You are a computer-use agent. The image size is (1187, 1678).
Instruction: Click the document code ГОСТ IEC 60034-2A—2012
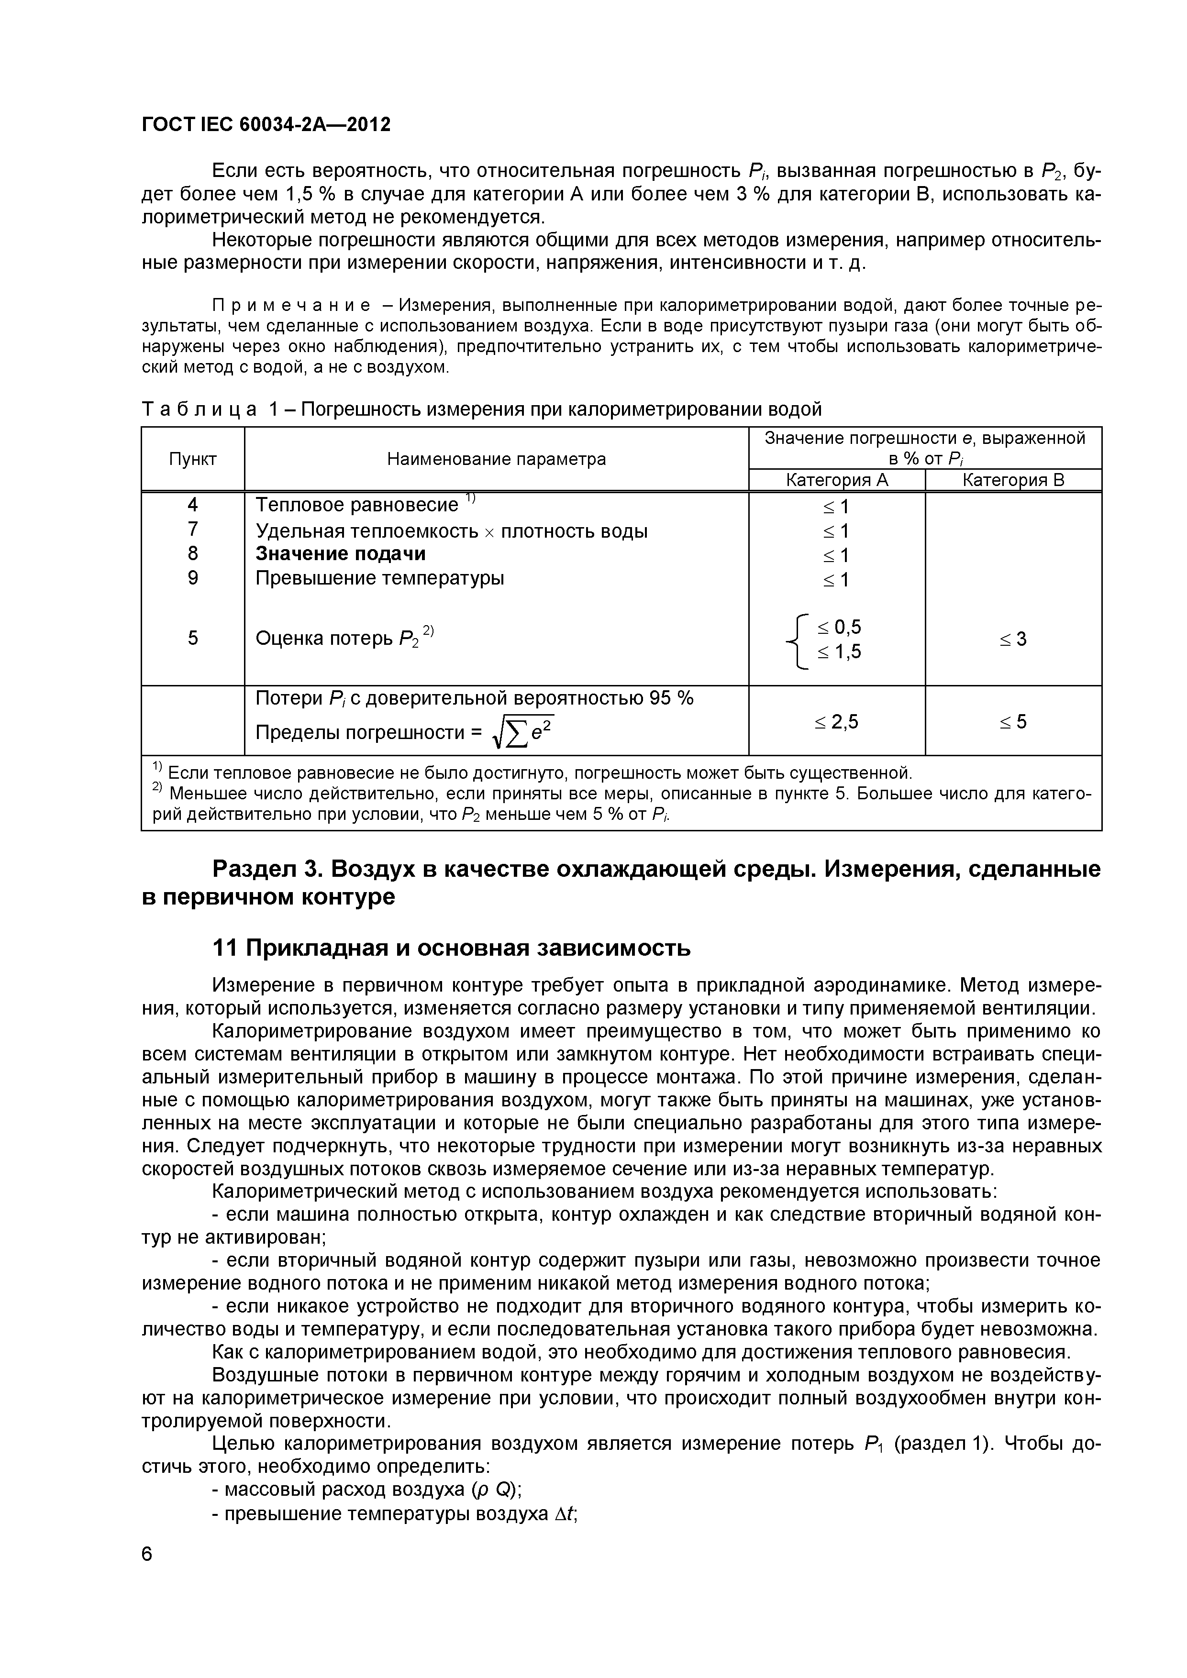coord(266,125)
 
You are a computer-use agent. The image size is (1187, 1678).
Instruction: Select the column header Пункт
coord(193,459)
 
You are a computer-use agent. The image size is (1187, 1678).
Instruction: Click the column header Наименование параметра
coord(496,459)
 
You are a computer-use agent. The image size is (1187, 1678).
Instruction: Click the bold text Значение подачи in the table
coord(341,554)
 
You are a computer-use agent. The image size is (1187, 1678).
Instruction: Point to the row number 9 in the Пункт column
coord(193,578)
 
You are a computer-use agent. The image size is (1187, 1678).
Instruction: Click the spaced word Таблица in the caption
coord(199,409)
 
